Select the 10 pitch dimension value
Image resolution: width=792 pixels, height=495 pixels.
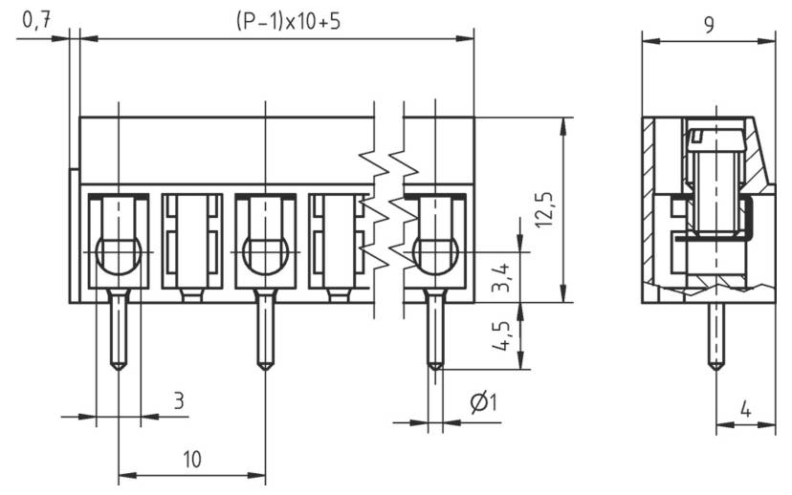(x=191, y=459)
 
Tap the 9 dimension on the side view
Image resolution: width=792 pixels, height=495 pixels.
(x=708, y=23)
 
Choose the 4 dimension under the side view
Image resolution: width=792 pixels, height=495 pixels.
(x=745, y=409)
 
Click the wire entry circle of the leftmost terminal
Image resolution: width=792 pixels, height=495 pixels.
(x=119, y=255)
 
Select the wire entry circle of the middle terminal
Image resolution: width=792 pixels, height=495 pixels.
(x=265, y=255)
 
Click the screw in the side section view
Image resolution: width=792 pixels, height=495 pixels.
(x=713, y=186)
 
